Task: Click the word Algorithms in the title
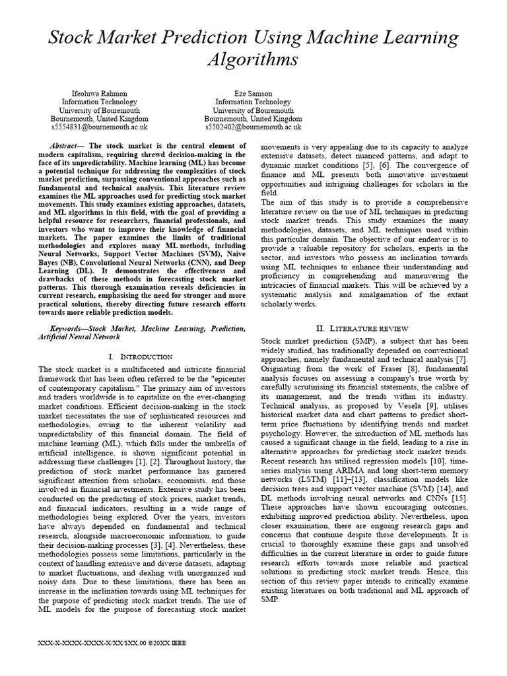253,60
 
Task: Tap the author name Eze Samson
253,94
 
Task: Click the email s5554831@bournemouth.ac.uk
99,127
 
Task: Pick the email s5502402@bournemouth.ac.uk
253,127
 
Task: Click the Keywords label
69,328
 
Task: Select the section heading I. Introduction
143,356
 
